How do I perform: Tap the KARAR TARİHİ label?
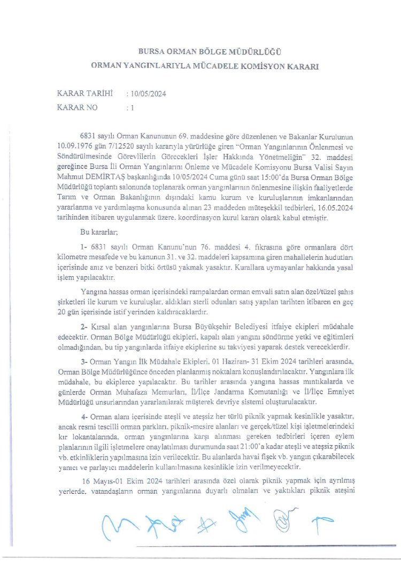click(x=84, y=94)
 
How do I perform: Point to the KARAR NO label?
click(x=77, y=107)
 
